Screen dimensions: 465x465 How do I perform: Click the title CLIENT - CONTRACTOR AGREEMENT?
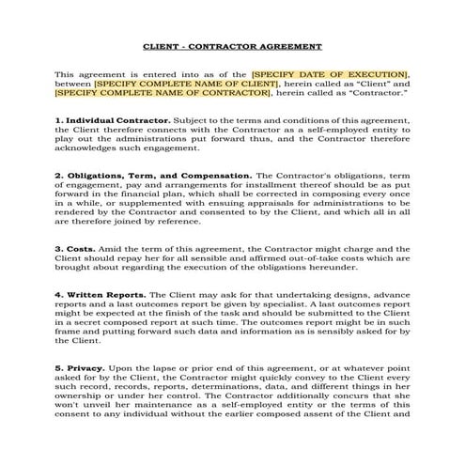click(x=232, y=46)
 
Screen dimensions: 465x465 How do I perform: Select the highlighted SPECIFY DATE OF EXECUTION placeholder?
click(x=330, y=73)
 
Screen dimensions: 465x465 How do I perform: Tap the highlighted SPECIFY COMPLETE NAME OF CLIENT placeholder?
click(x=186, y=84)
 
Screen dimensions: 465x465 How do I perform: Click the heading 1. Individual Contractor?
click(x=113, y=120)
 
